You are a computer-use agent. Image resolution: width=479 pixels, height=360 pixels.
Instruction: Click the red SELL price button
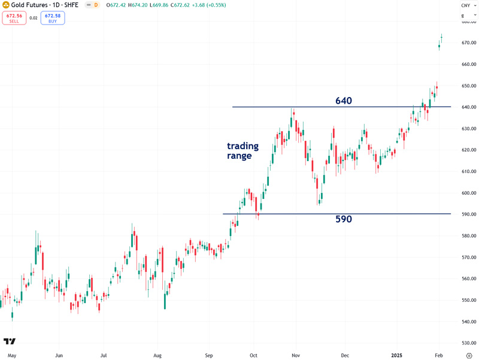coord(14,18)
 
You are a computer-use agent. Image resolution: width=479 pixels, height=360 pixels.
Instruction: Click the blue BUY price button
coord(53,18)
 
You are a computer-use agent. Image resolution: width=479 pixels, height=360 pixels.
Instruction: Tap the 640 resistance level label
coord(344,101)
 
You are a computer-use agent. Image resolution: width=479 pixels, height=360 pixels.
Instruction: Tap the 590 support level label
coord(344,219)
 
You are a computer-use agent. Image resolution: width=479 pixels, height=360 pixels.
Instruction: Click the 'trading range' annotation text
coord(242,150)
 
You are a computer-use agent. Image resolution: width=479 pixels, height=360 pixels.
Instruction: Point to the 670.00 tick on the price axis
coord(469,43)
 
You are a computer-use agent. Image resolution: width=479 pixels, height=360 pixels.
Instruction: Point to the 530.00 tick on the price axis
coord(469,343)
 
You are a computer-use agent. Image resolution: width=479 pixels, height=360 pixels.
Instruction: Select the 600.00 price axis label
coord(469,193)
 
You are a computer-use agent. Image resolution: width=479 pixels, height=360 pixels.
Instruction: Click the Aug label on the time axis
coord(158,355)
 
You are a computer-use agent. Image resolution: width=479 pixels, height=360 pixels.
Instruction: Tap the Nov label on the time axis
coord(295,355)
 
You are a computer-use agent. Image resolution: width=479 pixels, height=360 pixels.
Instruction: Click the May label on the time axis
coord(12,355)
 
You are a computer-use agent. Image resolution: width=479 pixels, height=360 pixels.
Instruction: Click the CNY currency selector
coord(465,5)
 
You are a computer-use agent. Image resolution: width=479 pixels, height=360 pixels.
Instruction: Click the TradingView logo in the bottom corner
coord(10,341)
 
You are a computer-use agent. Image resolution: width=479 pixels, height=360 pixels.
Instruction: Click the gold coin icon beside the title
coord(5,5)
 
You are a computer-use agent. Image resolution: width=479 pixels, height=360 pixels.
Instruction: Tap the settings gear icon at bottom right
coord(469,355)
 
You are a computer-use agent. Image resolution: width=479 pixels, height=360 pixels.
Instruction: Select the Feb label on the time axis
coord(439,355)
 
